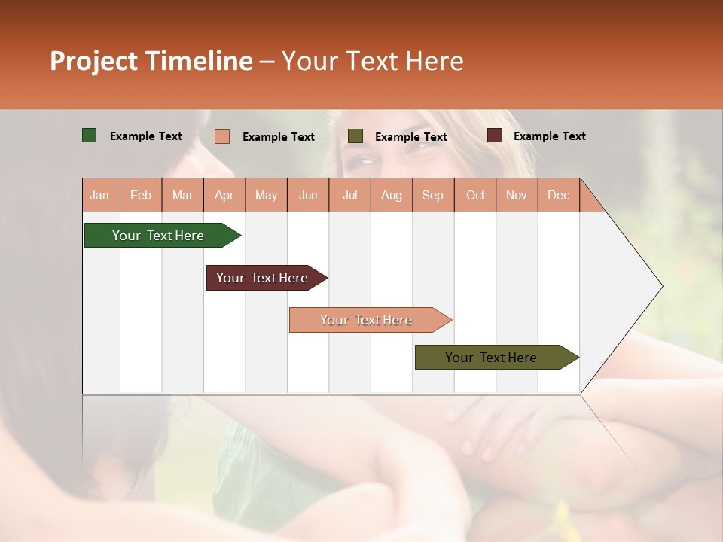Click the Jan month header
(99, 195)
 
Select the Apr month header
(224, 195)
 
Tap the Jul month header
(349, 195)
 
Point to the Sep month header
(432, 195)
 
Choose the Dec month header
(558, 195)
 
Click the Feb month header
(141, 195)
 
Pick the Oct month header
(475, 195)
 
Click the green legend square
(89, 135)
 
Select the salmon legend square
(221, 136)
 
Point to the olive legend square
(355, 135)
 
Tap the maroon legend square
(494, 135)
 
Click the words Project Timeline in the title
(151, 61)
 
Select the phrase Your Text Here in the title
(372, 61)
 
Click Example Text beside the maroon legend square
(549, 136)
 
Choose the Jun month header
(308, 195)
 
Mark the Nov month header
(516, 195)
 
